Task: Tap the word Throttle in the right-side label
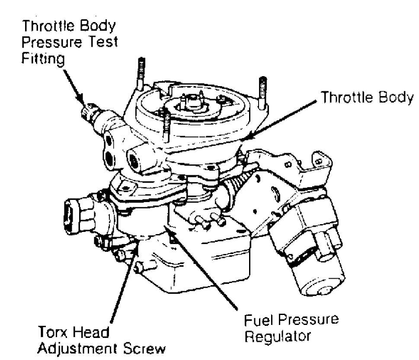(x=341, y=98)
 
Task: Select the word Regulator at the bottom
(x=277, y=336)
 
